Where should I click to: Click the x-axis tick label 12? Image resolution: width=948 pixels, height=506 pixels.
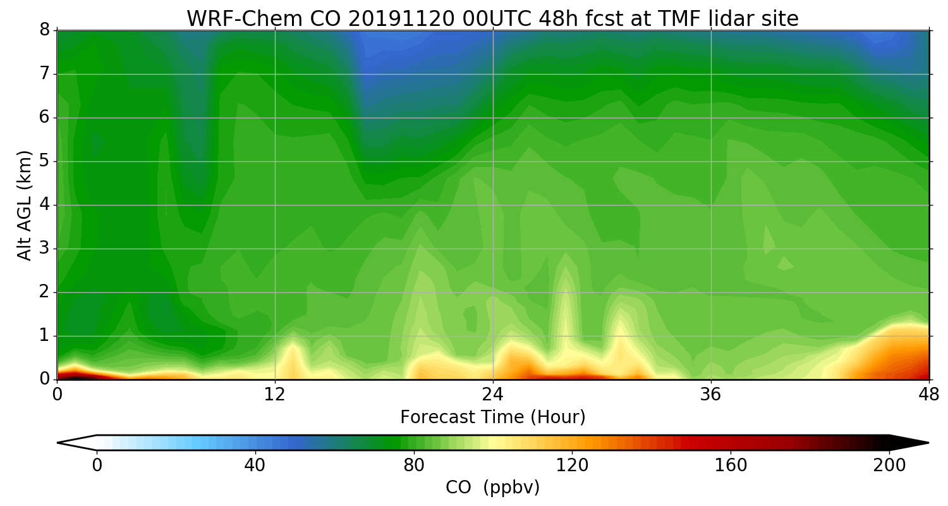[275, 395]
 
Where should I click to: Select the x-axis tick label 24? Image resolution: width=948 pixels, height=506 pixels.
[493, 395]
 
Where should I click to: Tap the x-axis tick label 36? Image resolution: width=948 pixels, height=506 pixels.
[711, 395]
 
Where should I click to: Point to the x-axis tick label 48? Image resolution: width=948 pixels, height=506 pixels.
[928, 395]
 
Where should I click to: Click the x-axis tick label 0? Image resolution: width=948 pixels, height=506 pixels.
[58, 395]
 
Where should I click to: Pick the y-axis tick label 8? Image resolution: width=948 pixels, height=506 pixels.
[45, 30]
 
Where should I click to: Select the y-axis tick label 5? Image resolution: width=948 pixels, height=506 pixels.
[45, 161]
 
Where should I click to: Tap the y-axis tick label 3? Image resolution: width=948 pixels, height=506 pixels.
[45, 249]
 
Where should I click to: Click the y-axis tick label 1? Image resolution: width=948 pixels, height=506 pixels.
[45, 336]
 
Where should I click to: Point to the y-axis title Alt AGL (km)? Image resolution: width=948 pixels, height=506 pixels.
[24, 205]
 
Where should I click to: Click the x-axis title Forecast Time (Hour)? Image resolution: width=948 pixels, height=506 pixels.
[492, 417]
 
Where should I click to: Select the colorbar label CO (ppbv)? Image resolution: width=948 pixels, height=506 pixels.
[492, 488]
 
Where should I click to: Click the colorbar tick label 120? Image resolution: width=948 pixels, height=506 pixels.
[572, 466]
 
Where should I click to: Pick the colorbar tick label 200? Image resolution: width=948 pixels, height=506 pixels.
[889, 466]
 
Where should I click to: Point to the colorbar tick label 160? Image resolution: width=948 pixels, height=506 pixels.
[731, 466]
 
